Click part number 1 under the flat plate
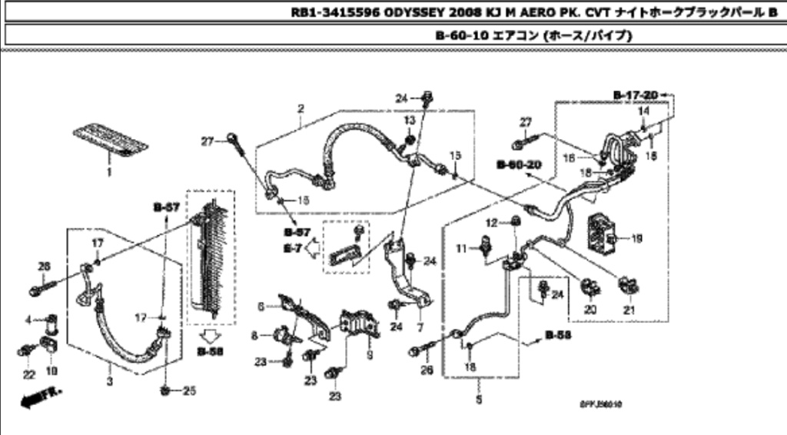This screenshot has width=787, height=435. [x=108, y=173]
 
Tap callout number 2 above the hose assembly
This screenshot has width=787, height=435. [x=301, y=108]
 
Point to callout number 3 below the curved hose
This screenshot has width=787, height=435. [x=110, y=381]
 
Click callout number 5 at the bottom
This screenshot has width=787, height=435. [x=480, y=400]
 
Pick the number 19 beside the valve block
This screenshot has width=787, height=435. [x=636, y=239]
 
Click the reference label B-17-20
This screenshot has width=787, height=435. [x=636, y=95]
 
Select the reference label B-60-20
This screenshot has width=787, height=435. [x=520, y=164]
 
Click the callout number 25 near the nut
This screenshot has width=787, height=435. [x=189, y=391]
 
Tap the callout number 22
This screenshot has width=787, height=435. [x=28, y=374]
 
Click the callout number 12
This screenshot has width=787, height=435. [x=493, y=222]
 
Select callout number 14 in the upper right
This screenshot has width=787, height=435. [x=643, y=112]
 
